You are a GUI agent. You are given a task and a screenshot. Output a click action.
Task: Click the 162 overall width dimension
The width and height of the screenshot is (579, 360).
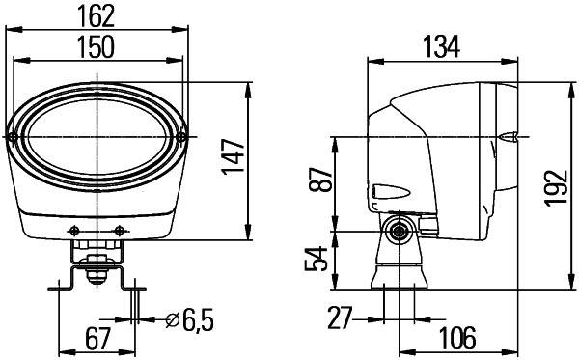point(98,14)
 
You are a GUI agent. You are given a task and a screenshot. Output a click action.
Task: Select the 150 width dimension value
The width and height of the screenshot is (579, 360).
point(98,45)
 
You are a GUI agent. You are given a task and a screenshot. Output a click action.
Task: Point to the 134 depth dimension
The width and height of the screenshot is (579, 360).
point(442,45)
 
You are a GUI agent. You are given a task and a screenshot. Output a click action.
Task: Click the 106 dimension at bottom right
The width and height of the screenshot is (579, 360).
point(456,338)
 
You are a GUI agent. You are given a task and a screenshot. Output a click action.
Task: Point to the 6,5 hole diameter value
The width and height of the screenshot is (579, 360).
point(190,317)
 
